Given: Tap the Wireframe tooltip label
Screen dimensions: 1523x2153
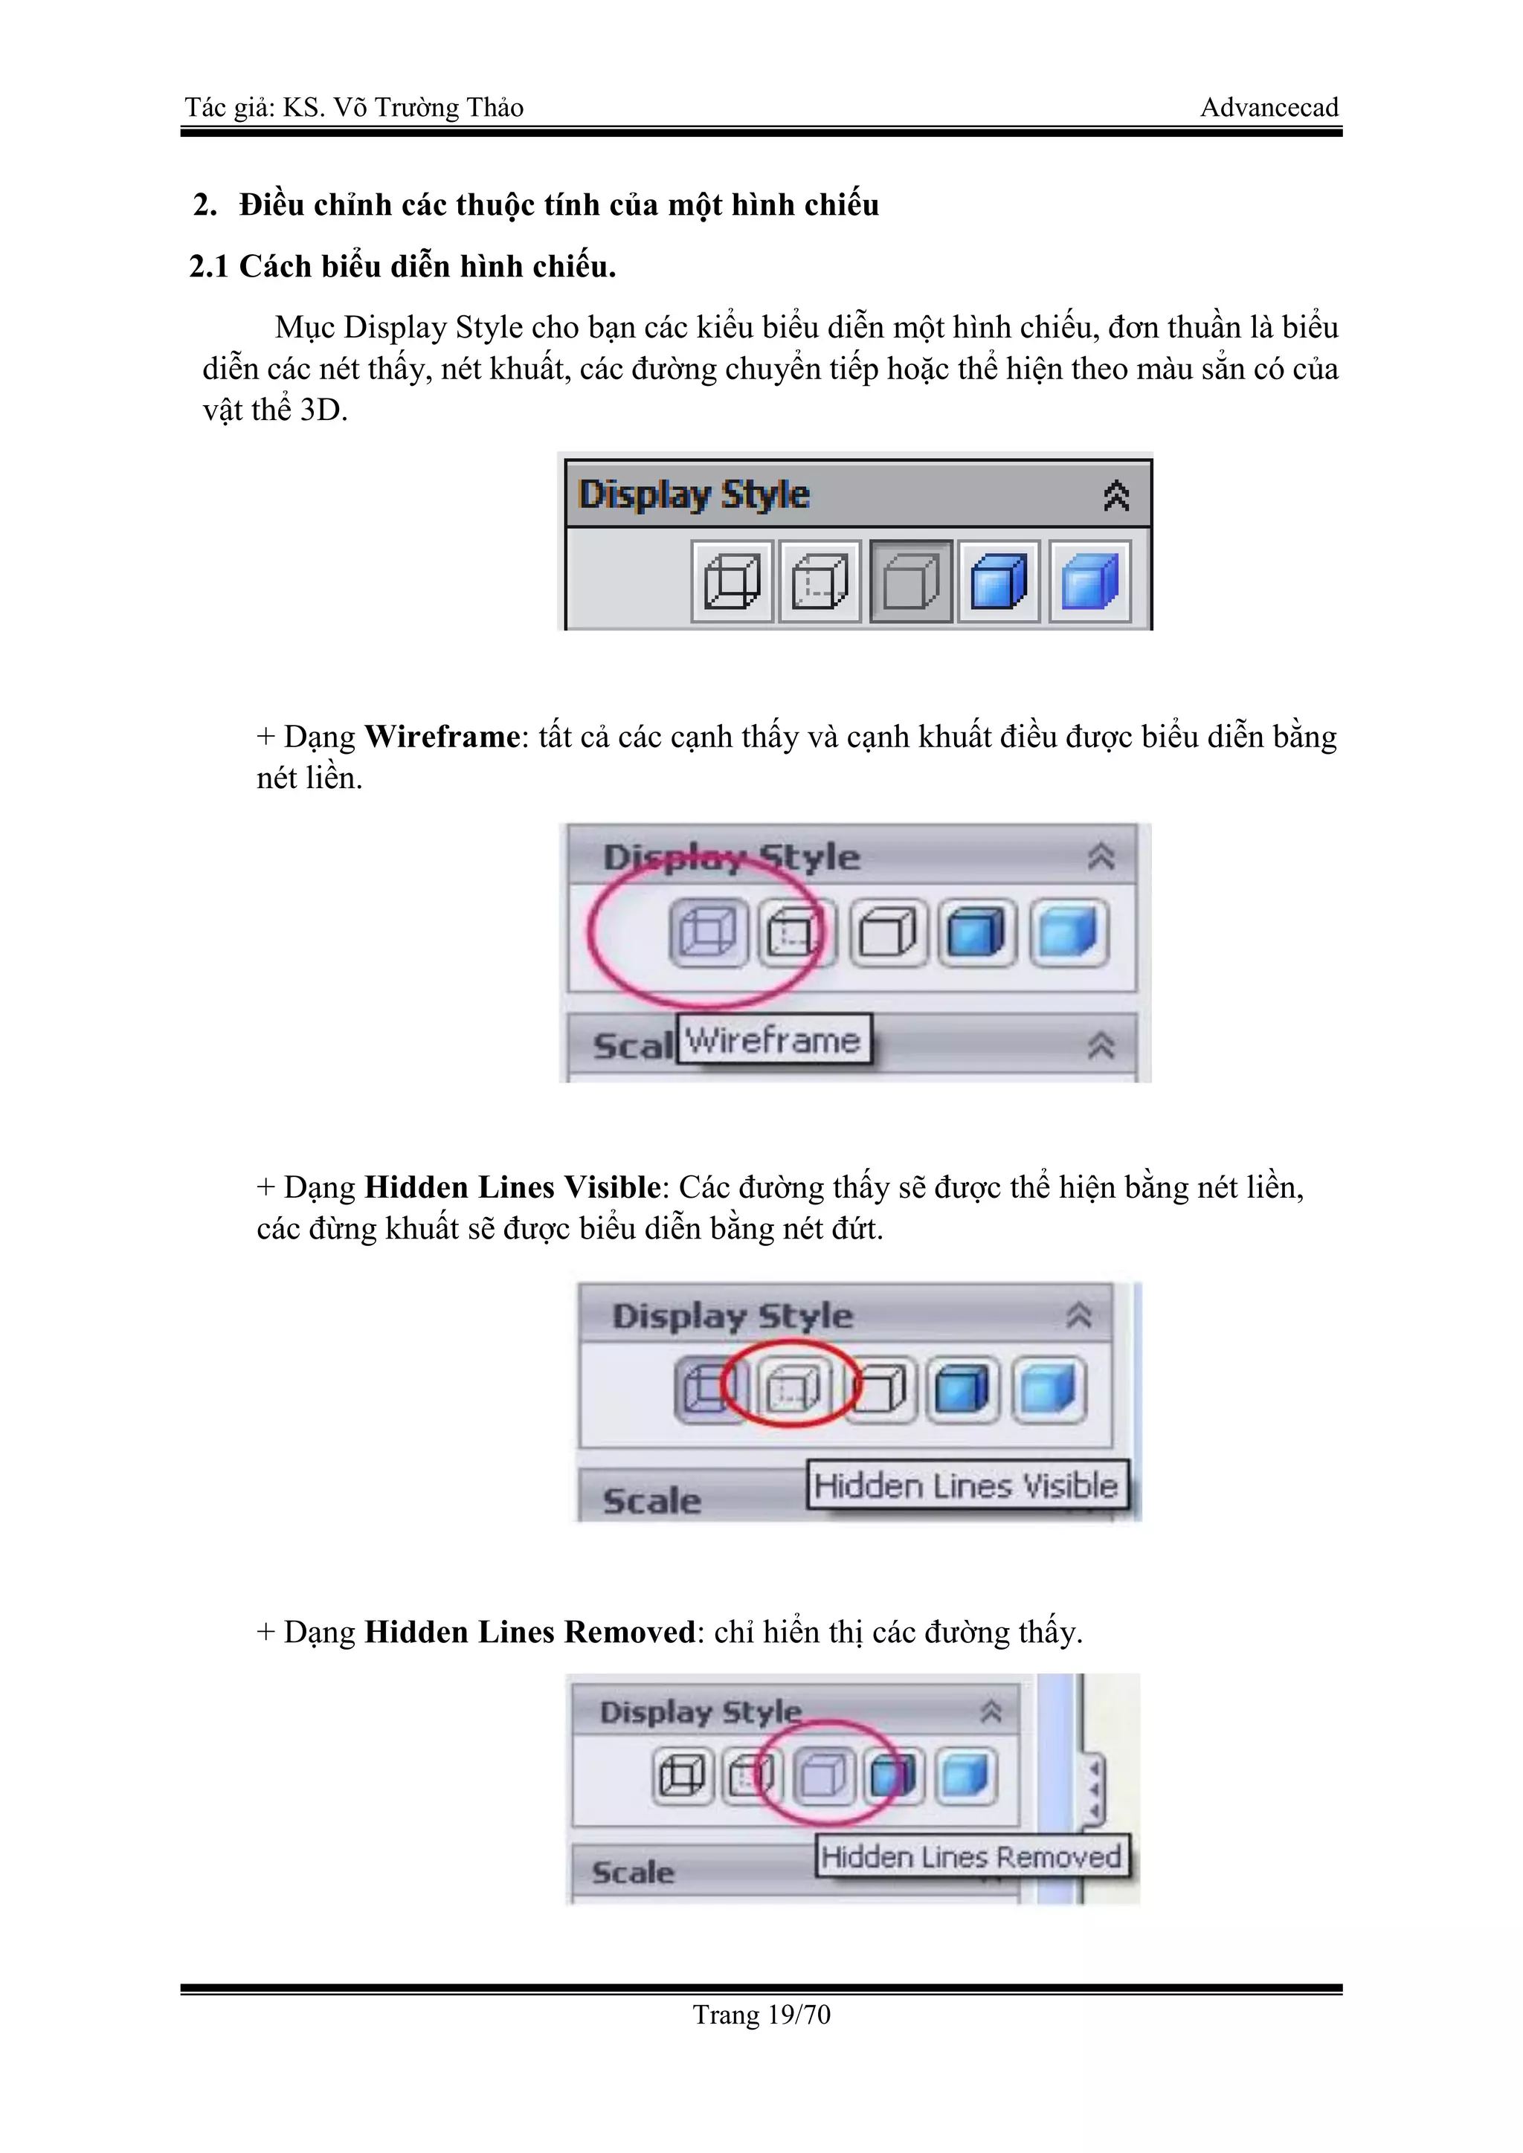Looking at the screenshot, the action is click(773, 1040).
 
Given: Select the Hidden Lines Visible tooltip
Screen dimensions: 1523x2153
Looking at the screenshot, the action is click(966, 1485).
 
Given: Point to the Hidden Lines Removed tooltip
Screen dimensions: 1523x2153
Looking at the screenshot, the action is click(971, 1856).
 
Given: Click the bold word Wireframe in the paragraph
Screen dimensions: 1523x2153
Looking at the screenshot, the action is click(442, 737).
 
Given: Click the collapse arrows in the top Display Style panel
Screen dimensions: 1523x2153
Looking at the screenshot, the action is click(1116, 495).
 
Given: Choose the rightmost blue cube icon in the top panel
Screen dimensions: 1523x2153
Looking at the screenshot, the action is click(1089, 581).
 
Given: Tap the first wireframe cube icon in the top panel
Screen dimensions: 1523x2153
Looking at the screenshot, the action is click(732, 581).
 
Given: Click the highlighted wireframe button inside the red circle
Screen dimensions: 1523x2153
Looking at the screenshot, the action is click(709, 933).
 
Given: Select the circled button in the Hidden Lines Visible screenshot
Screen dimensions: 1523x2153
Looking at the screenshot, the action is click(793, 1388).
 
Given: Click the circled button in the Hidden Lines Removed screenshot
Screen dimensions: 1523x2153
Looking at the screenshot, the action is click(823, 1775).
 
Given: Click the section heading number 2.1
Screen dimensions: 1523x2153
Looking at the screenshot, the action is click(209, 267).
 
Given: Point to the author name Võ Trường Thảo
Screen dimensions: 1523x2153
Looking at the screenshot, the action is click(428, 108).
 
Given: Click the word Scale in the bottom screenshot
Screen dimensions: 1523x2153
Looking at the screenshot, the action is click(633, 1873).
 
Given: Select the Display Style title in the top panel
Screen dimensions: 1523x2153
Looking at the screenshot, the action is click(694, 495).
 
